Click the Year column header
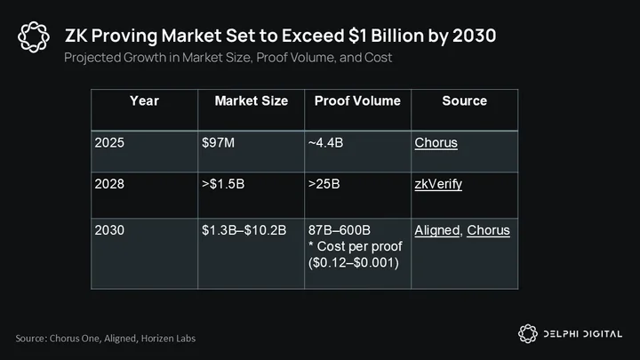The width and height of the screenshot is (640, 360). [144, 100]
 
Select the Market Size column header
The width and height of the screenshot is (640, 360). [251, 100]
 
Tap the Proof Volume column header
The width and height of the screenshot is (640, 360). [357, 100]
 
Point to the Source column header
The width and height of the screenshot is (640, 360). [465, 100]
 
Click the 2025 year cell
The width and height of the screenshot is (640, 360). [109, 142]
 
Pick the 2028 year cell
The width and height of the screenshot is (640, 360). [109, 184]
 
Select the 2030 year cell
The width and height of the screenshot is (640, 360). [109, 230]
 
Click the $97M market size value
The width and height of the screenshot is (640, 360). [218, 142]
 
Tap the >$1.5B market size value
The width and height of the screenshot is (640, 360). [223, 184]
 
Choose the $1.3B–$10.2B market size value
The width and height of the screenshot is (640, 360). [244, 230]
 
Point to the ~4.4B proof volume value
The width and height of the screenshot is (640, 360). [325, 142]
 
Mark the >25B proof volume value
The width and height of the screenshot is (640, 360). [324, 184]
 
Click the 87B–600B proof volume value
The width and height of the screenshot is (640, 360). [340, 230]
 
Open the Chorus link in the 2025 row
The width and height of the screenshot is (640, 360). [436, 143]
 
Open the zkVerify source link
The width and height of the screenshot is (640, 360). [438, 184]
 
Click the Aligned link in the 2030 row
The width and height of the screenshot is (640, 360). [436, 230]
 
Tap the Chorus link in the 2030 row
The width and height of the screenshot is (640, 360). [488, 230]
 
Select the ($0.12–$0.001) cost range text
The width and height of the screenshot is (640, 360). [354, 262]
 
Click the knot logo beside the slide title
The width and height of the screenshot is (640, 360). [34, 37]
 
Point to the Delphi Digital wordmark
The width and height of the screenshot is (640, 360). [583, 334]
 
